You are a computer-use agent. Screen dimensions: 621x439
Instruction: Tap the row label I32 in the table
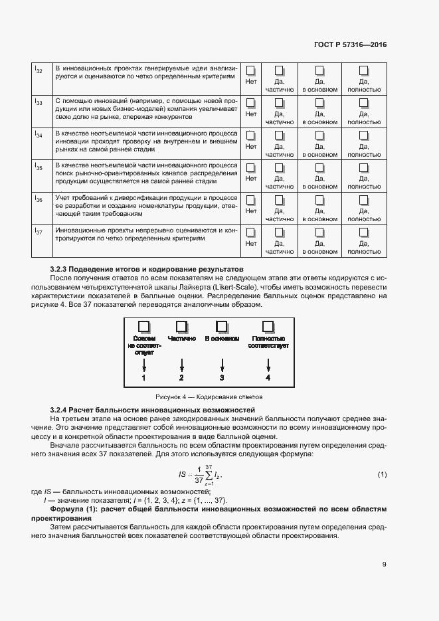tap(39, 70)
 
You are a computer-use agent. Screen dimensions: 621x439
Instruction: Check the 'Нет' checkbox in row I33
tap(251, 102)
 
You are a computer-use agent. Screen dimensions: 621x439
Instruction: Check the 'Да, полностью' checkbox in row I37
tap(364, 232)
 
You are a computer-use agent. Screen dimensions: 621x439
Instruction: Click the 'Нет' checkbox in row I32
tap(251, 70)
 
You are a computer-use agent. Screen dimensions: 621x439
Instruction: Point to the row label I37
tap(39, 232)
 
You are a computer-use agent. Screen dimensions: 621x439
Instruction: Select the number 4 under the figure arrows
tap(268, 377)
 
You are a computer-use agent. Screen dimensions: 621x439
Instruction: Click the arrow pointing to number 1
tap(144, 365)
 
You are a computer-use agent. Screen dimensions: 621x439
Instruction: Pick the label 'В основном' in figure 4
tap(222, 339)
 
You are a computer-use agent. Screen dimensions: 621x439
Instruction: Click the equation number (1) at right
tap(382, 474)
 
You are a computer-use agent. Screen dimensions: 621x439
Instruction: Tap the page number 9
tap(384, 565)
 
